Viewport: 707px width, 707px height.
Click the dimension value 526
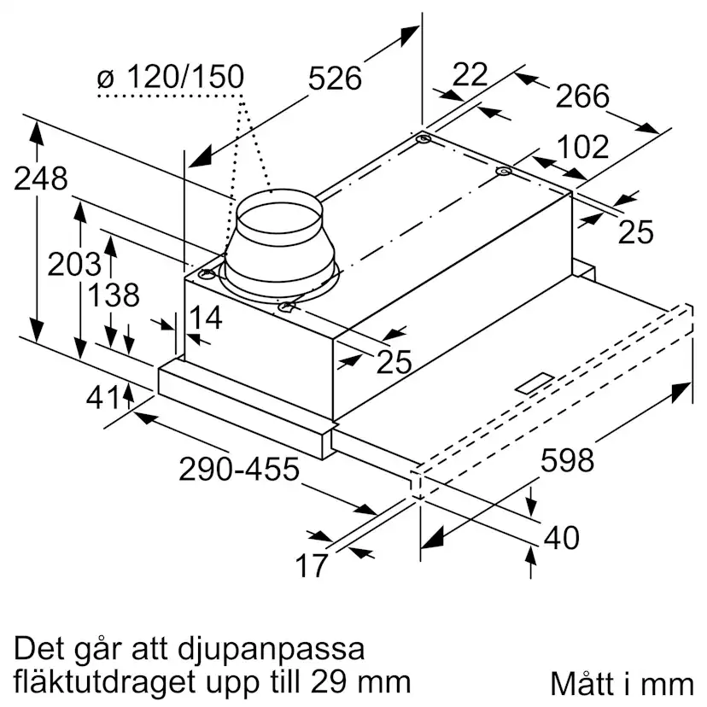(335, 79)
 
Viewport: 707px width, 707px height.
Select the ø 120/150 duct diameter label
(170, 78)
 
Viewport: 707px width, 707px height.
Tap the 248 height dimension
(40, 179)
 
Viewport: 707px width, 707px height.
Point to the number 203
(73, 265)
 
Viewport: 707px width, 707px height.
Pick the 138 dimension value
(114, 295)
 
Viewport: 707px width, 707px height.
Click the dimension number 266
(582, 96)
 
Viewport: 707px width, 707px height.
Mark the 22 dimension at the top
(469, 75)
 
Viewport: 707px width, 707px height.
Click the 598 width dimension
(567, 461)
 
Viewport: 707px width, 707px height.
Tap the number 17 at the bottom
(313, 564)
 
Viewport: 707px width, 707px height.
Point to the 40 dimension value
(561, 538)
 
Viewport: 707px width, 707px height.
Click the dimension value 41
(102, 398)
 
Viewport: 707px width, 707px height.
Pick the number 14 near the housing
(205, 318)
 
